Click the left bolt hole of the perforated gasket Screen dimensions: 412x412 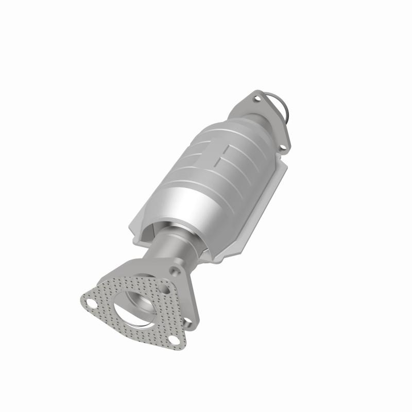coord(91,303)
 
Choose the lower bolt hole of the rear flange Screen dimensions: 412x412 coord(283,149)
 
